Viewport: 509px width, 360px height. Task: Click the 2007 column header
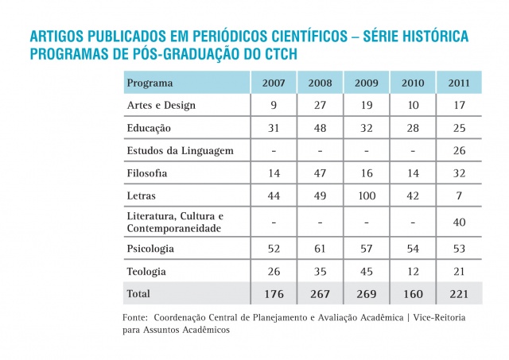pyautogui.click(x=274, y=83)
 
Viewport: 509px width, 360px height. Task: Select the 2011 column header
pyautogui.click(x=459, y=83)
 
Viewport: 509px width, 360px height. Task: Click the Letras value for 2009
pyautogui.click(x=367, y=195)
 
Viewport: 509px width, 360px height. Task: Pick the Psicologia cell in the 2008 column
pyautogui.click(x=321, y=249)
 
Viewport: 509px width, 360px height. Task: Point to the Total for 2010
pyautogui.click(x=413, y=293)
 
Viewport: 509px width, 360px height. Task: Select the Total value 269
pyautogui.click(x=367, y=293)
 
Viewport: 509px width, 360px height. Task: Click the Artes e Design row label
pyautogui.click(x=161, y=105)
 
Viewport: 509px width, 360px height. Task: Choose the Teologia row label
pyautogui.click(x=147, y=272)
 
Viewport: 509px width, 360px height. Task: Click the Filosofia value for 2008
pyautogui.click(x=321, y=172)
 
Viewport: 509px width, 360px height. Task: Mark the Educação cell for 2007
pyautogui.click(x=274, y=127)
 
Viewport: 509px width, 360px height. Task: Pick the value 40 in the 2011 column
pyautogui.click(x=459, y=222)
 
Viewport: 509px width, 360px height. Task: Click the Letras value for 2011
pyautogui.click(x=459, y=195)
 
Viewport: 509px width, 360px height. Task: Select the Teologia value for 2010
pyautogui.click(x=413, y=272)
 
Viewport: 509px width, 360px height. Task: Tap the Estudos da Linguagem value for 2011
pyautogui.click(x=459, y=149)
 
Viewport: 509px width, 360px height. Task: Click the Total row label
pyautogui.click(x=139, y=293)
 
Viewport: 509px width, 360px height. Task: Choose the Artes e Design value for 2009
pyautogui.click(x=367, y=105)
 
